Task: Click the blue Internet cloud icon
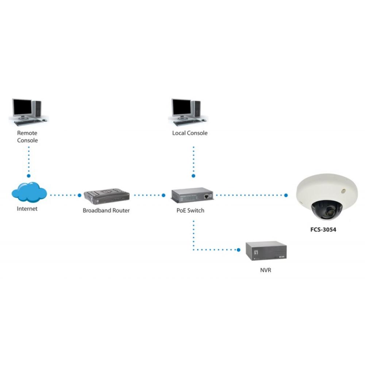tap(29, 192)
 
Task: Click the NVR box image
tap(266, 251)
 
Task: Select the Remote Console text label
tap(27, 137)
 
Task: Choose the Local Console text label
tap(190, 133)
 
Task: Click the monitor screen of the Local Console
tap(182, 107)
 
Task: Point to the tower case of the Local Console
tap(197, 108)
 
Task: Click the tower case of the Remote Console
tap(38, 108)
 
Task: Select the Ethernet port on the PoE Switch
tap(207, 196)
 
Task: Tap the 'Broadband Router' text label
tap(106, 211)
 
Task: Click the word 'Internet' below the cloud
tap(27, 209)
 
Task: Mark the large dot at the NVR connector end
tap(239, 250)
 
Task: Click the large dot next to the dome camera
tap(286, 195)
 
